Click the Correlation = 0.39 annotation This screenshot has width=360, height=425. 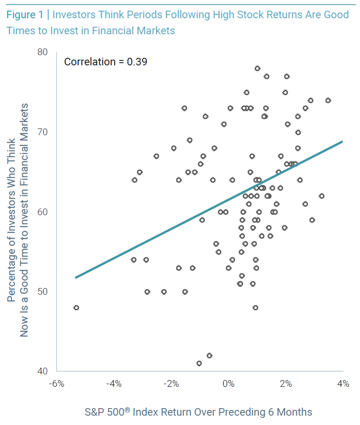tap(105, 61)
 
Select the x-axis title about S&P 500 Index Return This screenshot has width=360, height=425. tap(198, 412)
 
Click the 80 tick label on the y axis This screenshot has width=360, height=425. tap(42, 52)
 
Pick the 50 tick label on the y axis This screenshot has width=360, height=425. tap(42, 292)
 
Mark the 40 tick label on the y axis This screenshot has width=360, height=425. tap(42, 371)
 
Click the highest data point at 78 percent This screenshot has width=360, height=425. tap(257, 68)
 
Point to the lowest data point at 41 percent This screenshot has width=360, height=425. tap(199, 363)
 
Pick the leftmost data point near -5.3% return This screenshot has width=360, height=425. tap(76, 308)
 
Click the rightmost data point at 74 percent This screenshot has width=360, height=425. tap(328, 100)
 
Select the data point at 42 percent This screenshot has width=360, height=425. tap(209, 356)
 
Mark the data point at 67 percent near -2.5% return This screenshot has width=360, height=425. tap(156, 156)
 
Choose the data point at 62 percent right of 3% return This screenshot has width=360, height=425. tap(322, 196)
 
